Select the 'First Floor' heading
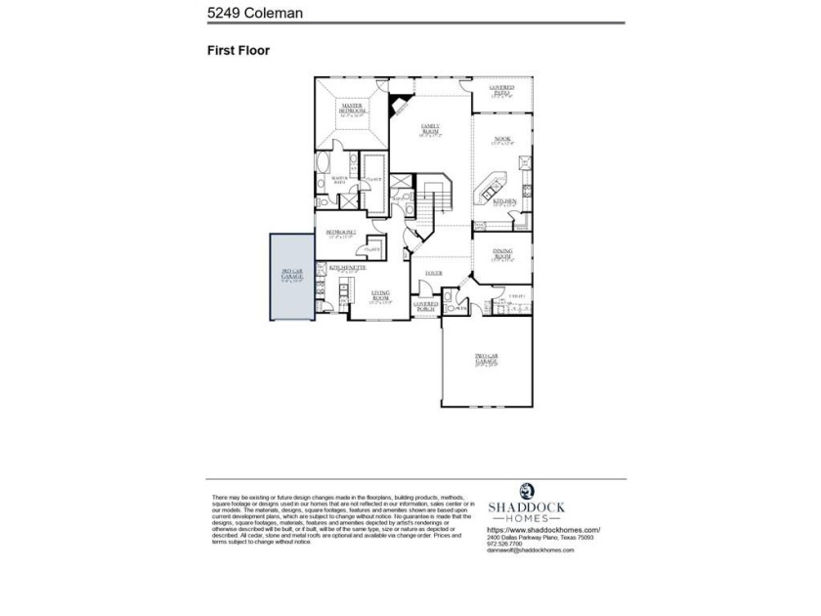point(238,49)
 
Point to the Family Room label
point(431,131)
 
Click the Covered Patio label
point(501,91)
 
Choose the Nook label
point(502,142)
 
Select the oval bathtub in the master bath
point(324,163)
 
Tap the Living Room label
point(380,295)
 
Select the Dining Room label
point(502,254)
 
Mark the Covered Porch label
point(425,305)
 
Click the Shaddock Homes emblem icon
point(527,491)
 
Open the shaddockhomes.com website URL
point(542,530)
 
